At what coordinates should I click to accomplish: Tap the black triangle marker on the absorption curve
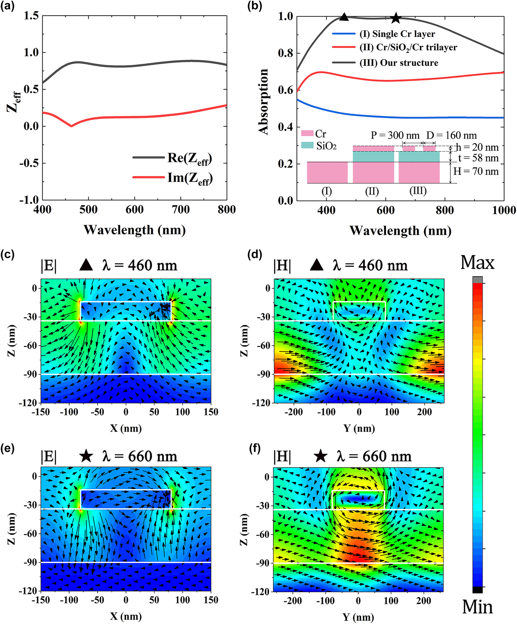click(x=344, y=17)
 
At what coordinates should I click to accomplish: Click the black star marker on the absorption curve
click(x=396, y=18)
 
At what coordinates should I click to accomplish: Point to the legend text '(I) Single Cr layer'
click(x=397, y=34)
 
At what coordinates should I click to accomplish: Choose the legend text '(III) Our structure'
click(x=399, y=63)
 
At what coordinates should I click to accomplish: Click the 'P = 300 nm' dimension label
click(x=395, y=136)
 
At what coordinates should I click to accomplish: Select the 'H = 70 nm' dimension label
click(x=476, y=171)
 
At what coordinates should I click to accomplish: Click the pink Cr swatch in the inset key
click(x=307, y=133)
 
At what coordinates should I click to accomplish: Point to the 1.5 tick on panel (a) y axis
click(x=31, y=16)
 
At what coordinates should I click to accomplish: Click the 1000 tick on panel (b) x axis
click(x=504, y=210)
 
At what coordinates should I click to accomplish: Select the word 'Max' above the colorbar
click(x=477, y=263)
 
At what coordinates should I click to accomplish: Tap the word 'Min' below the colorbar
click(x=477, y=607)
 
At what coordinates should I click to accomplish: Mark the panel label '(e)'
click(x=7, y=448)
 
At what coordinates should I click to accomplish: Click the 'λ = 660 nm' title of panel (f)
click(x=374, y=456)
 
